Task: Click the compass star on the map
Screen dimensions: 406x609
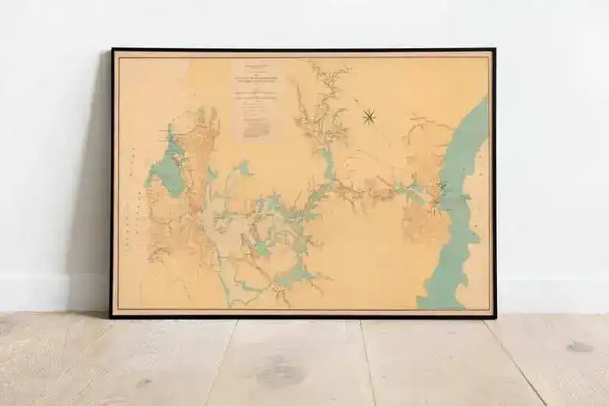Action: (368, 116)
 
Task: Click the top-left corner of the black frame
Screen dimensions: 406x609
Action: (112, 50)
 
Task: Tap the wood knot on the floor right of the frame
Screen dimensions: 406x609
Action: (580, 347)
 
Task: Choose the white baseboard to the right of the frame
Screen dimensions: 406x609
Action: (552, 295)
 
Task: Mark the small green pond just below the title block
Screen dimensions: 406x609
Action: (245, 166)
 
